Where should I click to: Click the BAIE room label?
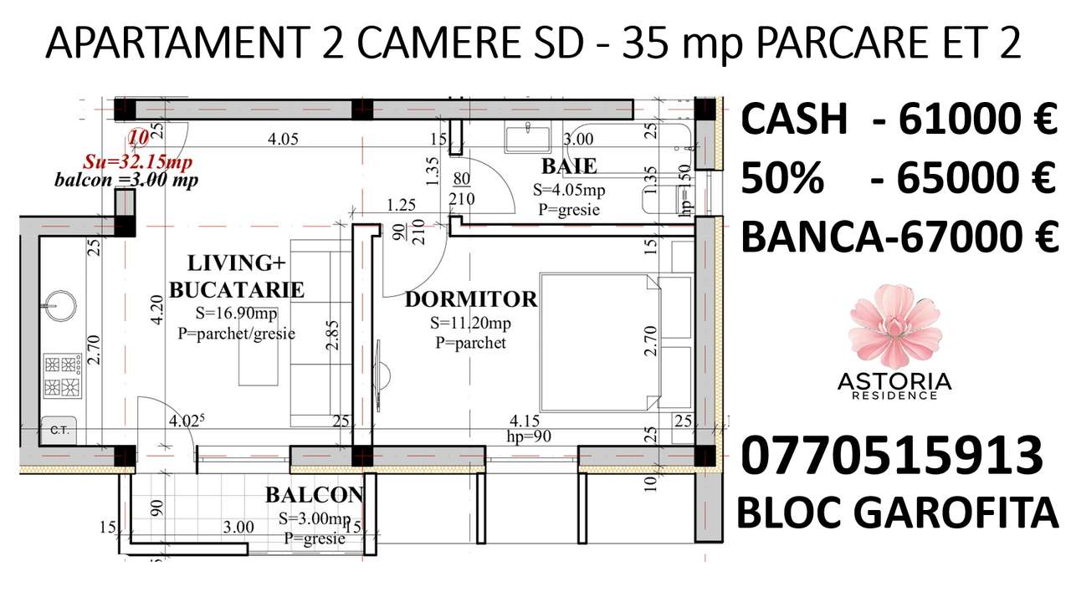click(x=568, y=164)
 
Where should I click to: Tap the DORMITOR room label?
click(x=470, y=299)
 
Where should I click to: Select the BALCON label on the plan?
click(x=314, y=495)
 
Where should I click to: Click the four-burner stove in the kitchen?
click(x=62, y=375)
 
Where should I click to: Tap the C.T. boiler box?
click(x=59, y=430)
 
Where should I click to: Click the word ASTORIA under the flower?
click(x=894, y=381)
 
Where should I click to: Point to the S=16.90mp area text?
click(x=237, y=314)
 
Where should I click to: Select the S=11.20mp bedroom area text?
click(x=470, y=323)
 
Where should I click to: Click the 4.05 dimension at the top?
click(x=283, y=140)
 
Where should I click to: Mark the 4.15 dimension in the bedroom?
click(x=525, y=420)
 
